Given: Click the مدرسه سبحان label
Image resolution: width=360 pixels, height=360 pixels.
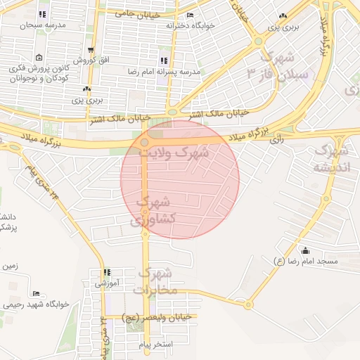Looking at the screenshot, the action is click(x=41, y=25).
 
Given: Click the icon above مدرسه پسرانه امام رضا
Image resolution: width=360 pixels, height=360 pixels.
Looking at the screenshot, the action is click(x=164, y=61).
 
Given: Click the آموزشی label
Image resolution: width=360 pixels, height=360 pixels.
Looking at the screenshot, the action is click(x=109, y=283).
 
